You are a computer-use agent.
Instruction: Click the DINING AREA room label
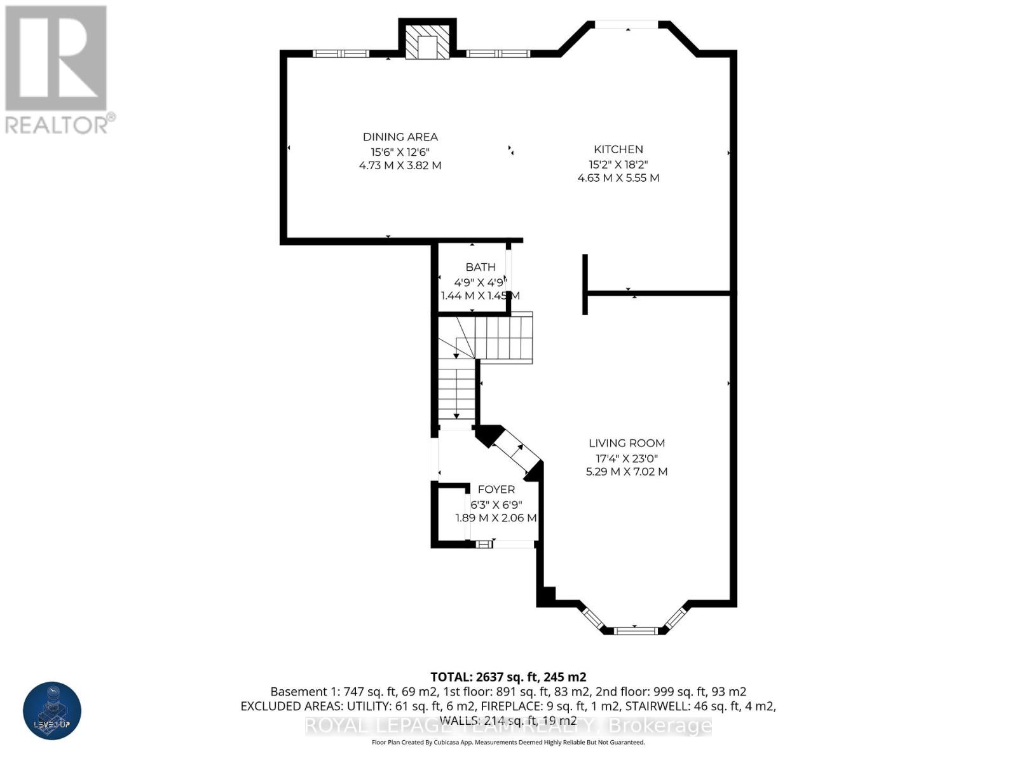pos(400,137)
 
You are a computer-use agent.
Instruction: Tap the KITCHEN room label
pos(618,149)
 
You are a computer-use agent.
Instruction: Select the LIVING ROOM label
pos(626,443)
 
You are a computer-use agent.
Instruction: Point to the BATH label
pos(480,267)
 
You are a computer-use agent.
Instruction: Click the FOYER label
pos(496,489)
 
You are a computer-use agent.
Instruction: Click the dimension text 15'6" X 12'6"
pos(400,152)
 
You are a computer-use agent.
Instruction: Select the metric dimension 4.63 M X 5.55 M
pos(618,178)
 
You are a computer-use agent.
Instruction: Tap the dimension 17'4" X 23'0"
pos(626,458)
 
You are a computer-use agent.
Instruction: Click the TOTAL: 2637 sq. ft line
pos(508,677)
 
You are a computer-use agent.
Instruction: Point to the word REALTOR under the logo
pos(57,124)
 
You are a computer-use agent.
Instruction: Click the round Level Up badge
pos(52,710)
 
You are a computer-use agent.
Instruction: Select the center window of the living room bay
pos(634,630)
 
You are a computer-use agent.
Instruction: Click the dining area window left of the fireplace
pos(341,53)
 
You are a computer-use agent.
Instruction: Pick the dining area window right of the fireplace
pos(498,53)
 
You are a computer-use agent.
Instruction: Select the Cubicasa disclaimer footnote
pos(508,742)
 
